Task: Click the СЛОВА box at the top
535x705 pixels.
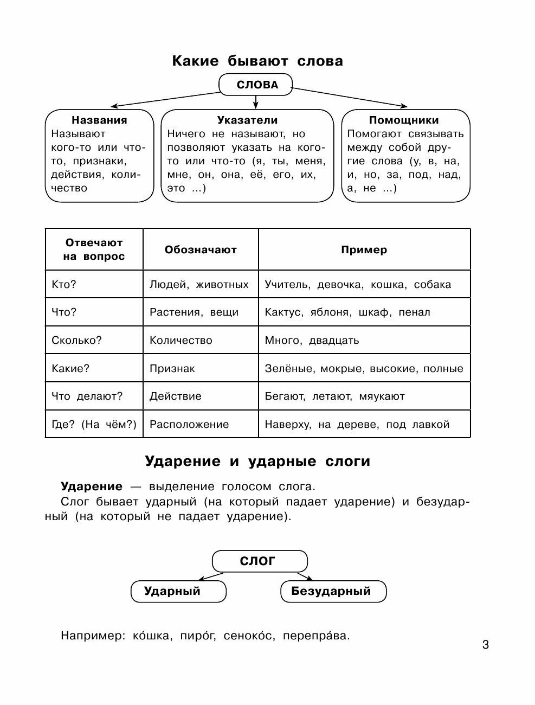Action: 255,85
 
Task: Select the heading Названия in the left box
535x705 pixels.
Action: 99,120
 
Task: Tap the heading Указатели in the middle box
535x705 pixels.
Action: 247,120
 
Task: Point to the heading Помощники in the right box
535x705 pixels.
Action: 404,120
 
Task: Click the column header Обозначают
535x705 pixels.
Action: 201,249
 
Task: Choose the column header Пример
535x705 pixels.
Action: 364,249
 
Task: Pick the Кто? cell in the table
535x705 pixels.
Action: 64,284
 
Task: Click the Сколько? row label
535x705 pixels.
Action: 76,341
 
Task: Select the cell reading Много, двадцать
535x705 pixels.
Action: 312,341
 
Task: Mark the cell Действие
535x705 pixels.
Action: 176,396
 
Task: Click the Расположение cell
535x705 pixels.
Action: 189,425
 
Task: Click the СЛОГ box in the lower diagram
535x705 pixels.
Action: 259,561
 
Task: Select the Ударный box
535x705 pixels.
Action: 178,591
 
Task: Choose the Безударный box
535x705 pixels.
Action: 333,591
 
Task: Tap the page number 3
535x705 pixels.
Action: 485,645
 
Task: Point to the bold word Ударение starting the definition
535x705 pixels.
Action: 91,486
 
